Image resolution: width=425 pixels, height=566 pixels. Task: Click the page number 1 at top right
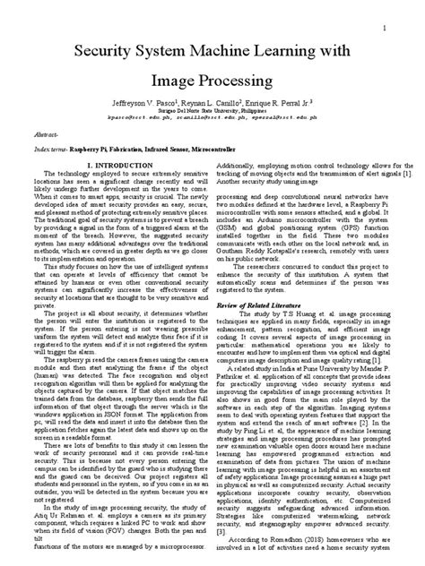click(383, 29)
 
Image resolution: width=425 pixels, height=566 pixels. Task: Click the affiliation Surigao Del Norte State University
click(212, 111)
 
